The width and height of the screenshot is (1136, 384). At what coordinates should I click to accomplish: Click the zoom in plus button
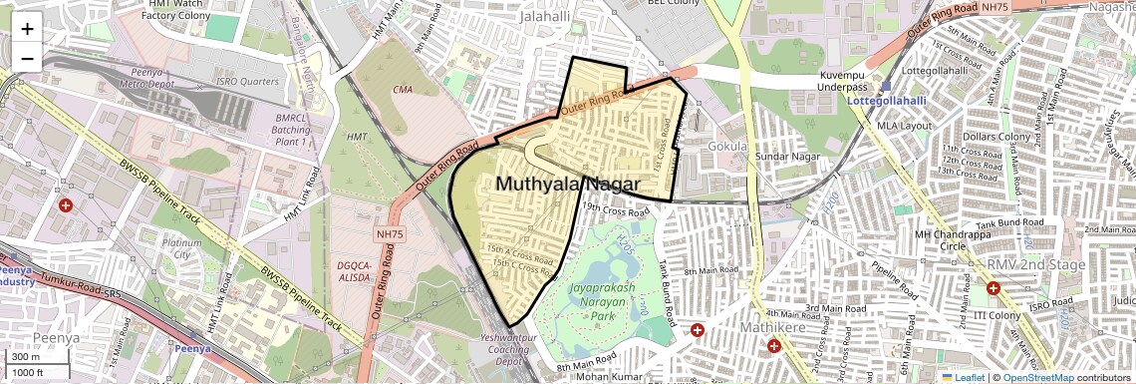coord(27,29)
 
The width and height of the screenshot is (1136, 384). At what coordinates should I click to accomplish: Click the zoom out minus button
coord(27,58)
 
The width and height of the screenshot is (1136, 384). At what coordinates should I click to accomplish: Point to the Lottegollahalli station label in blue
coord(894,101)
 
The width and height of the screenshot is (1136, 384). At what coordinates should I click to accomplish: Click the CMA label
coord(403,90)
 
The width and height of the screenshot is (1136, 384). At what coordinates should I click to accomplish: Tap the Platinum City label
coord(181,248)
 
